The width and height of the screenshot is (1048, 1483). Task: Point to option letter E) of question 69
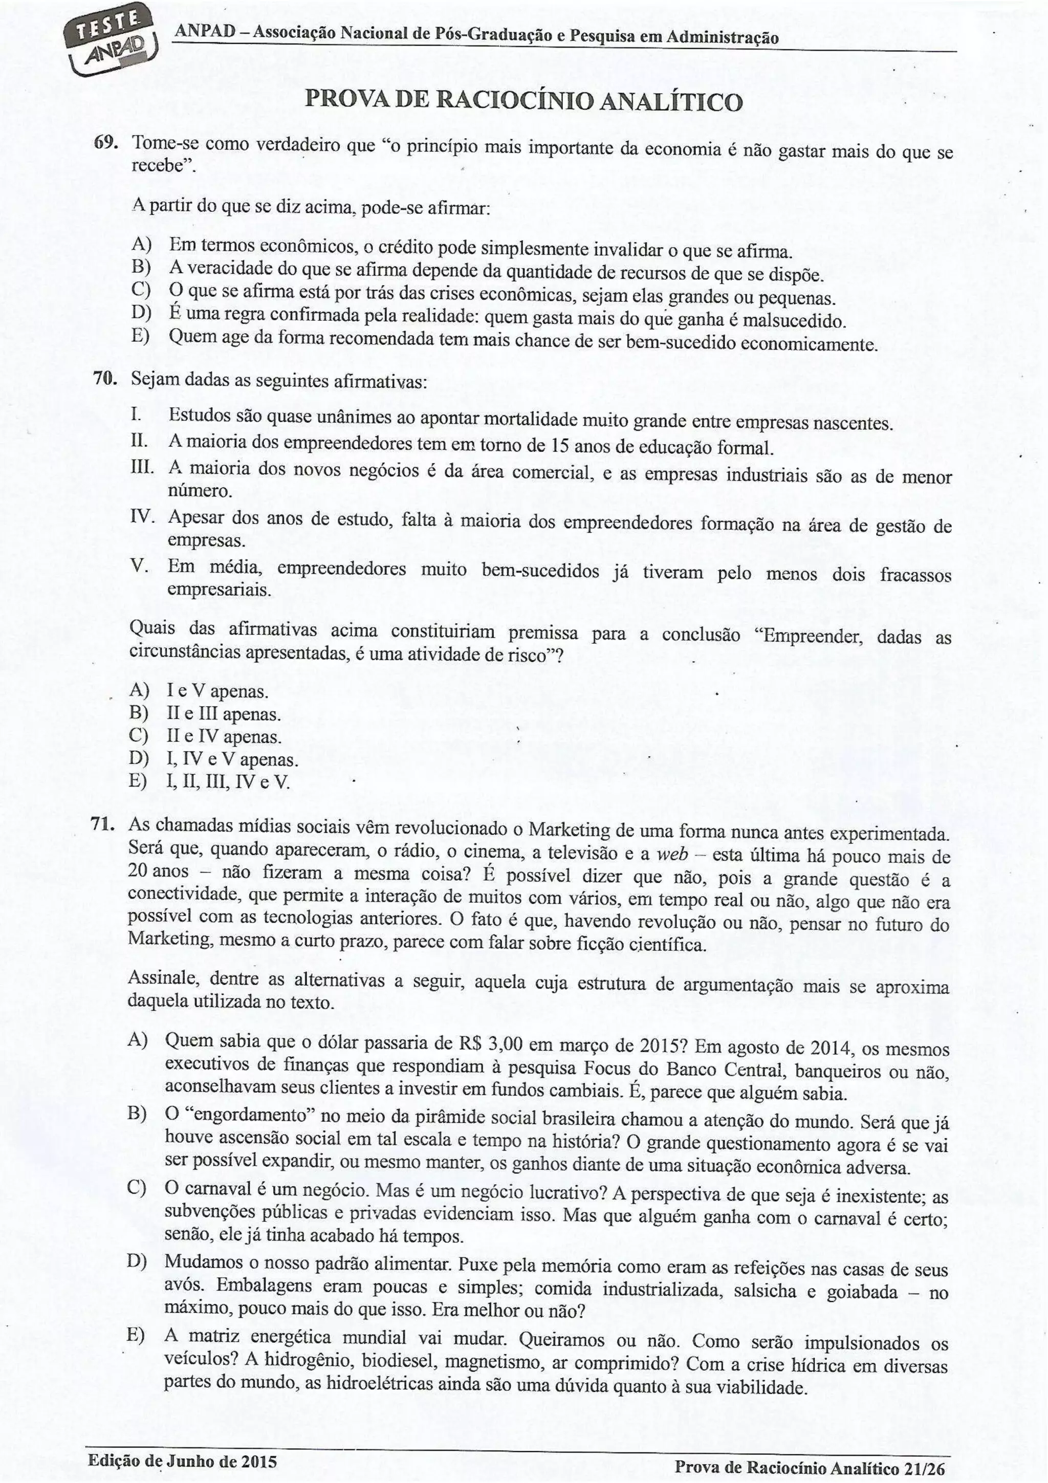[140, 337]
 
